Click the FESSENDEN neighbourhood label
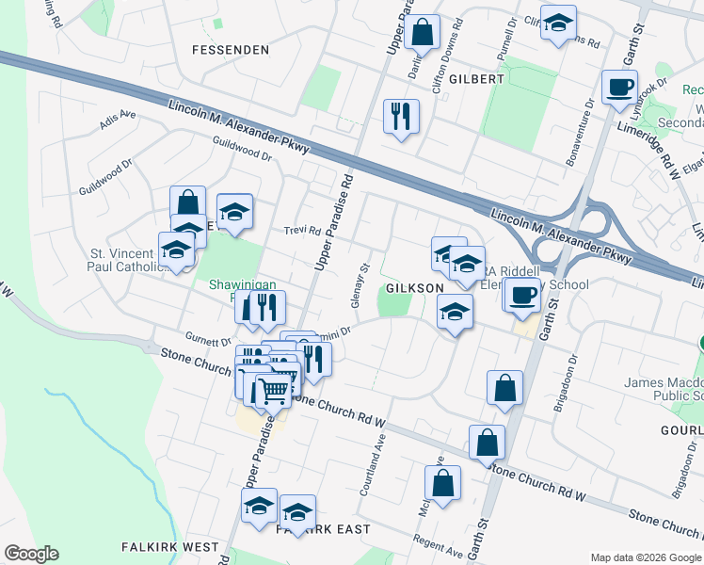[x=230, y=49]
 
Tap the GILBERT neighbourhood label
[x=476, y=79]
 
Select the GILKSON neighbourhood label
[x=413, y=288]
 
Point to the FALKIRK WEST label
[x=170, y=547]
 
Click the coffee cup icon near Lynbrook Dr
[x=619, y=86]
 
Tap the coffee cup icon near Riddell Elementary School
[x=521, y=294]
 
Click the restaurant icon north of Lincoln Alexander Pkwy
[x=401, y=115]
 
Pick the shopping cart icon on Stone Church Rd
[x=273, y=389]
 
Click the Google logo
[x=31, y=554]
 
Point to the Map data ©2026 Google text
[x=646, y=557]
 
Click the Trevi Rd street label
[x=303, y=231]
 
